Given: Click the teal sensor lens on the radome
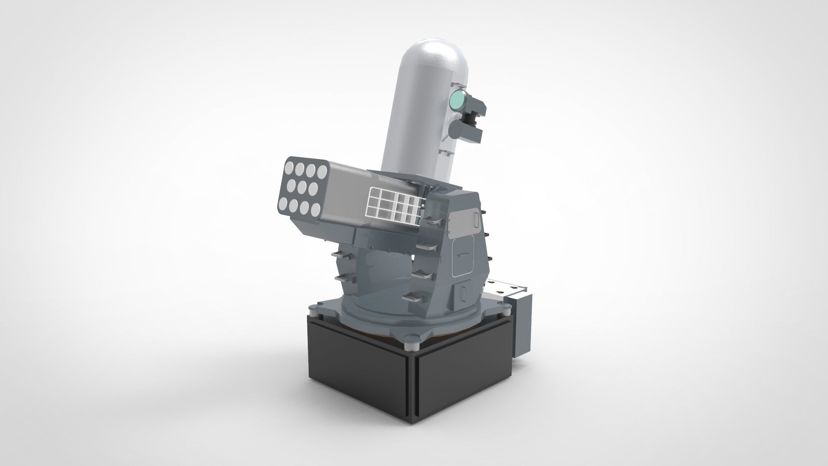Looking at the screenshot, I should [458, 101].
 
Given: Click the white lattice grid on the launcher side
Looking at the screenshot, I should [392, 203].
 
